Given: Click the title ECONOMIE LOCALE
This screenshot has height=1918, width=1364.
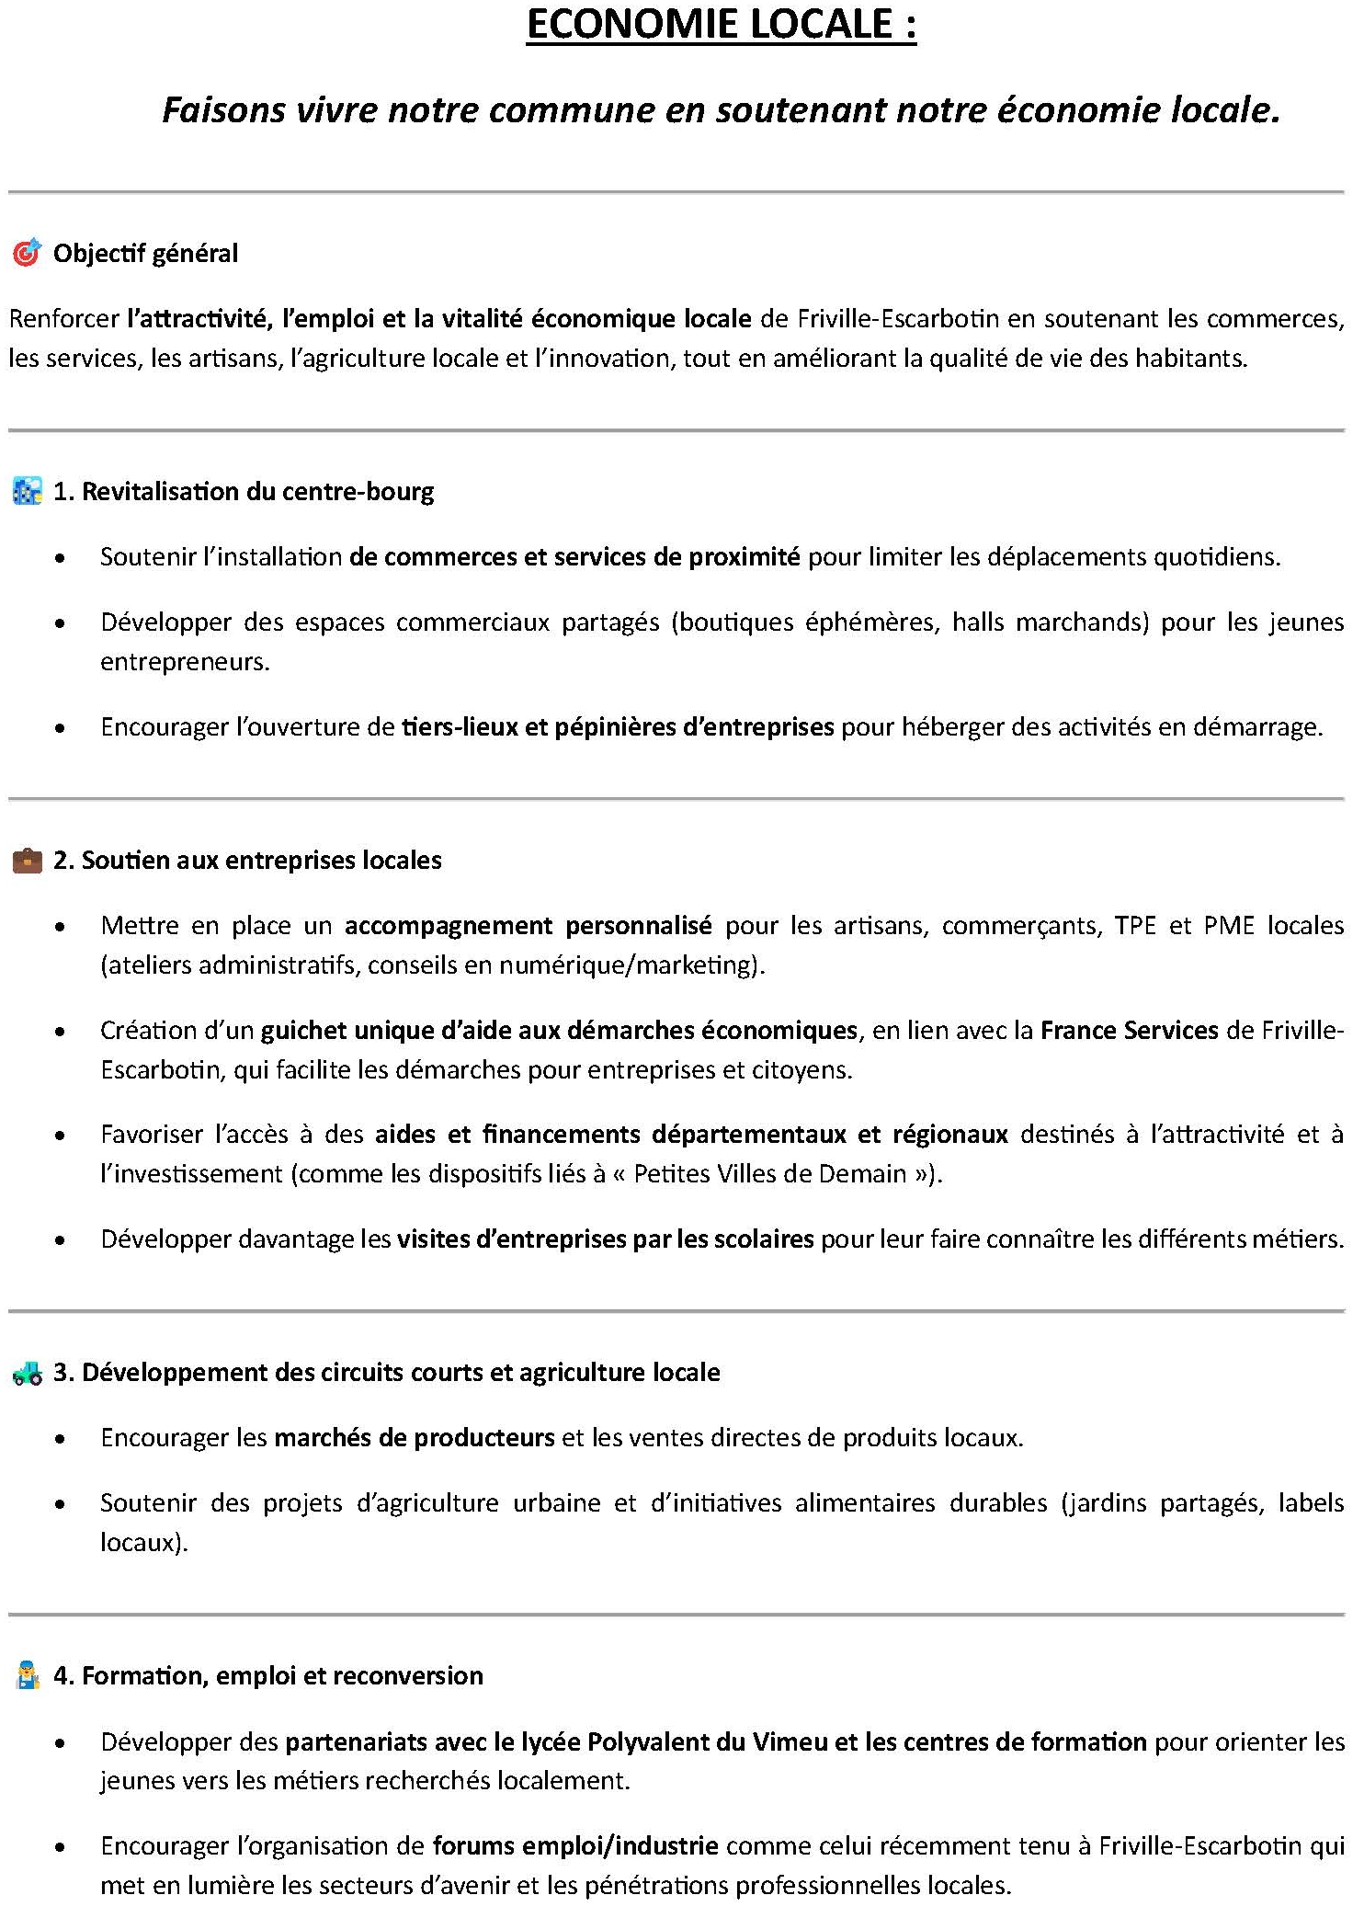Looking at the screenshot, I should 721,25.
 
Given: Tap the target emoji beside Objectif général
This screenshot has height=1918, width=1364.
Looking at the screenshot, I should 27,252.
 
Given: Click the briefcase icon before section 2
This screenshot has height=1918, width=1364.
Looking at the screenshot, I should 27,861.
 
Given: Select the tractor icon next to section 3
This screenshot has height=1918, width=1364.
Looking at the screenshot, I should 27,1374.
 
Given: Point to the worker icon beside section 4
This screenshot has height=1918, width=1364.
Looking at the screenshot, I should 28,1676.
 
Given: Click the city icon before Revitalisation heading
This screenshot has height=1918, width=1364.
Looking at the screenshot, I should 27,491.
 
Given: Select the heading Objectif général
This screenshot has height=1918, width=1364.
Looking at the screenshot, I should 145,254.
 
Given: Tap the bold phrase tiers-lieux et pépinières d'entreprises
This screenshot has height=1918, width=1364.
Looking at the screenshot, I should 618,727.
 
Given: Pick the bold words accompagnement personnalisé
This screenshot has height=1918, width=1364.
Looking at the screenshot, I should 528,925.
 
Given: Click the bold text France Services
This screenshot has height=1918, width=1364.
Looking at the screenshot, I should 1129,1030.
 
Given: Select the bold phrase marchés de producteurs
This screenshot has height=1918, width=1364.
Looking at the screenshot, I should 415,1438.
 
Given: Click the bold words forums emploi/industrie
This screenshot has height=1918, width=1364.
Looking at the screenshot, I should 575,1846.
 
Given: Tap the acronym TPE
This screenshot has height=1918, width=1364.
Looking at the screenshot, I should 1134,925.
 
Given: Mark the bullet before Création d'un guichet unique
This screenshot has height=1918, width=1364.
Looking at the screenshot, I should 61,1032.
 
